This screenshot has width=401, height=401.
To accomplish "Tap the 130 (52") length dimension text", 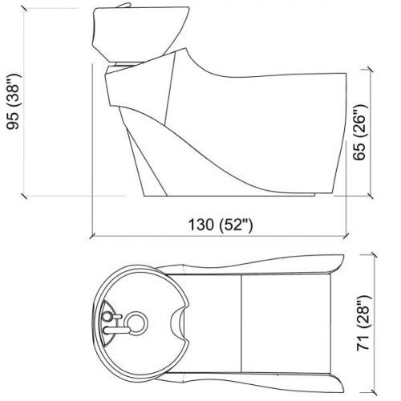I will tap(217, 225).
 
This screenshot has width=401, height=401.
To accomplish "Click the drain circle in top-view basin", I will tap(137, 325).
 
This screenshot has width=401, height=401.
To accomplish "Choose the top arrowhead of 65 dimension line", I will tap(370, 71).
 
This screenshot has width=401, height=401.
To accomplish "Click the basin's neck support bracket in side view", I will tap(128, 62).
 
